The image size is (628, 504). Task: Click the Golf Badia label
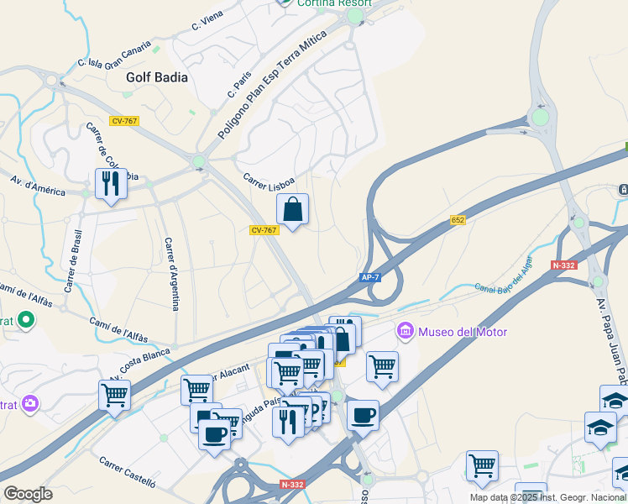tap(156, 76)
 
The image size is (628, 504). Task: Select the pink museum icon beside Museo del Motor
tap(406, 332)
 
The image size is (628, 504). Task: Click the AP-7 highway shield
tap(370, 276)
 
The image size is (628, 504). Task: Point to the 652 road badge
tap(458, 220)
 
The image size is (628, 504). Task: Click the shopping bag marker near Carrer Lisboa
tap(292, 210)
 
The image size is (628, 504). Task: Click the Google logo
tap(28, 494)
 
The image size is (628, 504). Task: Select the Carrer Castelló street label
tap(128, 472)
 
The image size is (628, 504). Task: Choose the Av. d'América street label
tap(38, 185)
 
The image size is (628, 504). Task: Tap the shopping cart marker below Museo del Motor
tap(382, 366)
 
